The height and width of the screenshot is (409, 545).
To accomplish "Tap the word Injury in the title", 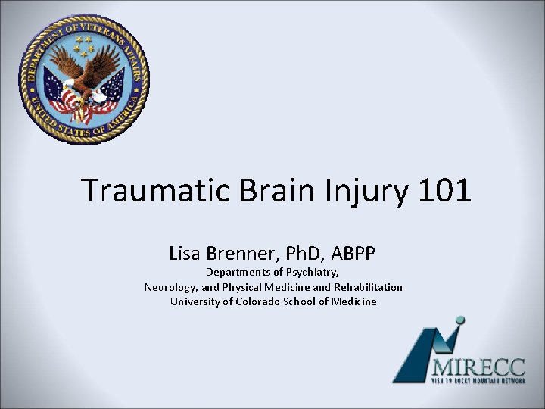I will point(357,191).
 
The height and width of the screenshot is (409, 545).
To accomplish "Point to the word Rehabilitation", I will point(368,287).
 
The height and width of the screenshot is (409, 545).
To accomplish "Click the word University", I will point(195,301).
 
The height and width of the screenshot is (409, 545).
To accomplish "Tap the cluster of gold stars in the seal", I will point(84,46).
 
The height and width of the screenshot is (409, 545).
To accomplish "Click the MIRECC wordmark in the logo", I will point(478,366).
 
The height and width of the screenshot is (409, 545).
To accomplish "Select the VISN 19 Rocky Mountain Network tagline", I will point(478,380).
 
